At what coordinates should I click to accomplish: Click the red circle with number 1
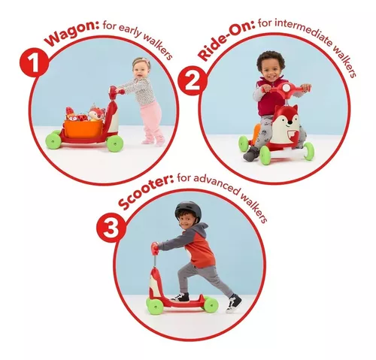click(34, 61)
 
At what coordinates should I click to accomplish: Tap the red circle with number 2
click(193, 80)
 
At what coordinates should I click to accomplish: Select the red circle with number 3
click(111, 227)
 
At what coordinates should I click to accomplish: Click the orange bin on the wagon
click(83, 129)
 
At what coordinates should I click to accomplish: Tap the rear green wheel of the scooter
click(211, 305)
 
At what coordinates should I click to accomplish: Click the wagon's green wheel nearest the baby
click(115, 144)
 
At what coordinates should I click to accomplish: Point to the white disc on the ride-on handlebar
click(286, 88)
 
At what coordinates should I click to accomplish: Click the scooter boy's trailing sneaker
click(233, 304)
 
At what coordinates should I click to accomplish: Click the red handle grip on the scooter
click(155, 248)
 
